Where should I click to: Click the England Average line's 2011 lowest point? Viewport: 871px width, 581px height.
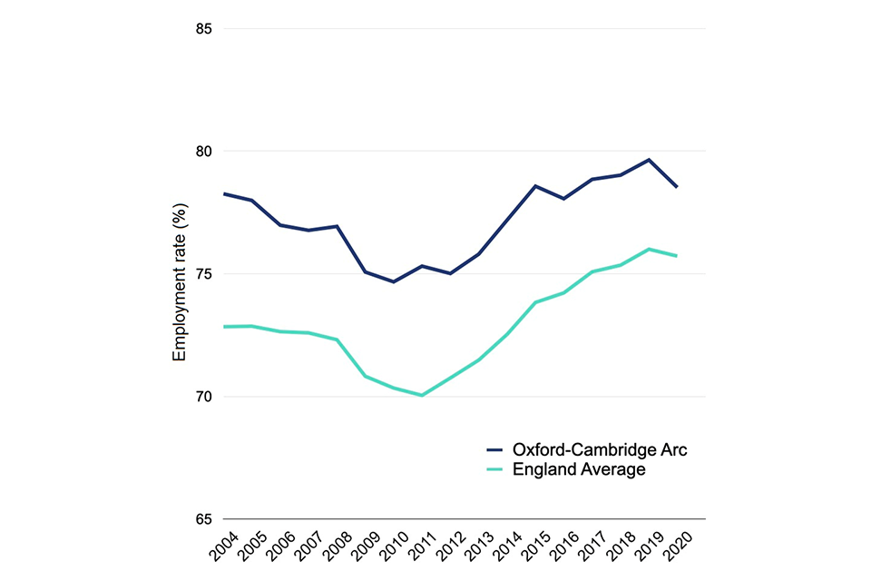[422, 395]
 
